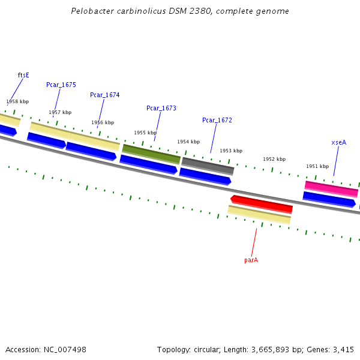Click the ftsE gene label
23,75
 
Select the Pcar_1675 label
61,85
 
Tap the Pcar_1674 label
105,95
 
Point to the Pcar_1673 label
161,108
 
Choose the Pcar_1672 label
217,121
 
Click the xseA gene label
339,143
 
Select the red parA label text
251,260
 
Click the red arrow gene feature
262,203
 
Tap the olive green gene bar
151,154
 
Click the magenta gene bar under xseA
331,188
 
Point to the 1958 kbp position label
17,102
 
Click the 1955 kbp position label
145,133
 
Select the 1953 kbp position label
231,151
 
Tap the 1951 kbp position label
317,166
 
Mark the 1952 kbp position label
274,159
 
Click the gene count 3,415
343,349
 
